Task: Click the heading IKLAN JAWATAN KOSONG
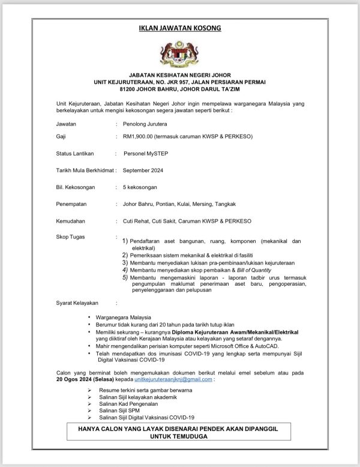pyautogui.click(x=179, y=29)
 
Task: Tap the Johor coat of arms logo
pyautogui.click(x=180, y=54)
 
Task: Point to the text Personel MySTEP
pyautogui.click(x=148, y=154)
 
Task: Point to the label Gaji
pyautogui.click(x=61, y=137)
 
